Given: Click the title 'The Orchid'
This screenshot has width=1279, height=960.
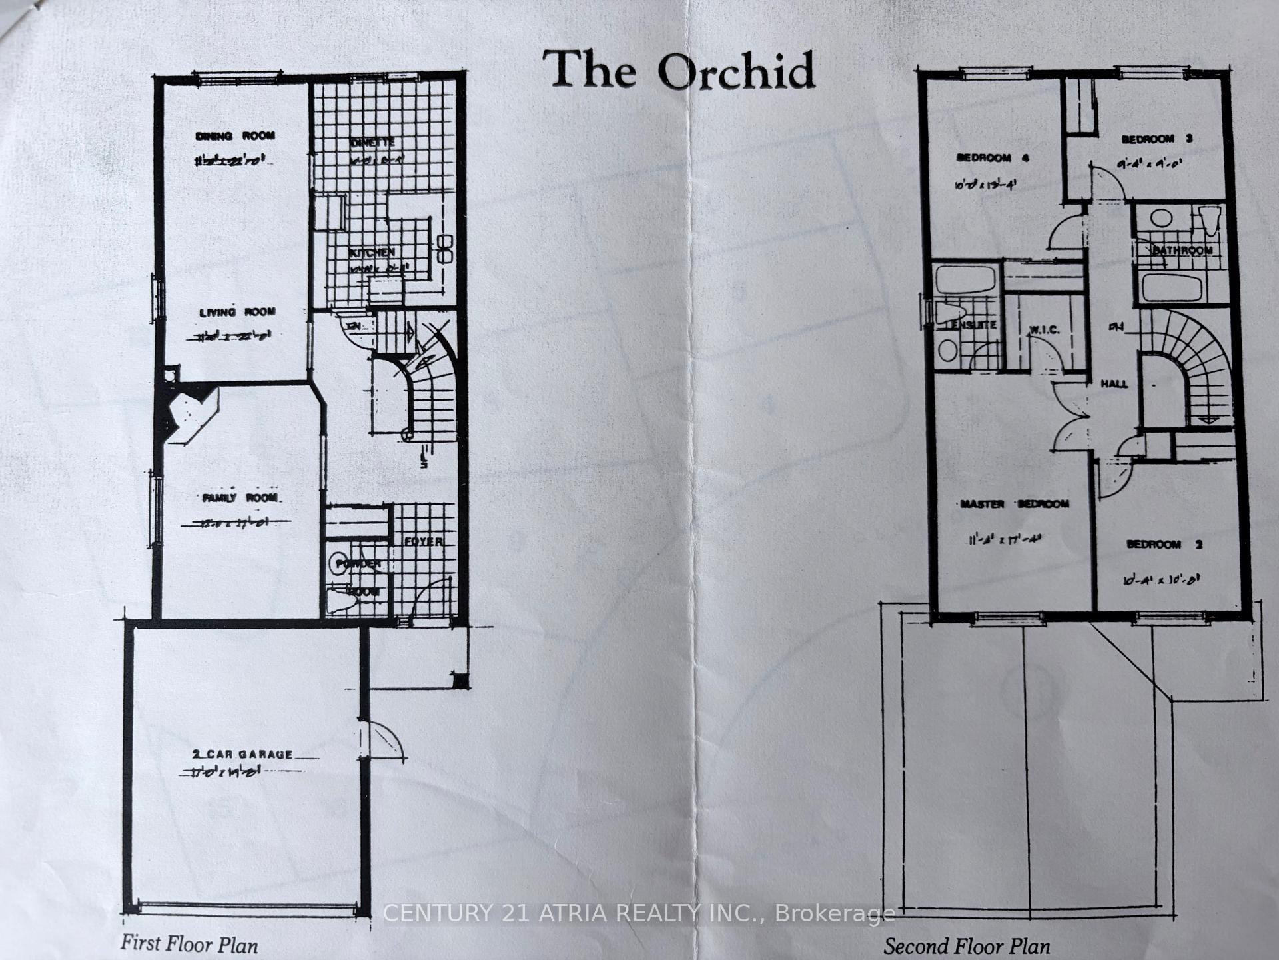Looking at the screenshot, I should point(679,71).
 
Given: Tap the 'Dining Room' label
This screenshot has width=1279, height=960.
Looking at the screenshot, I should point(234,136).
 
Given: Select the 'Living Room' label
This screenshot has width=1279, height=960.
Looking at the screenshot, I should point(237,312).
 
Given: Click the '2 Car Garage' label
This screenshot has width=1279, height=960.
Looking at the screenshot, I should point(242,755).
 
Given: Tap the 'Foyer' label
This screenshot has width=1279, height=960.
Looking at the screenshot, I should point(424,541).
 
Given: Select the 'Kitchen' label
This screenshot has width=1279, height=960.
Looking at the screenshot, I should point(372,253).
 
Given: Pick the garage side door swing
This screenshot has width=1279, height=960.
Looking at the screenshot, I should point(383,740).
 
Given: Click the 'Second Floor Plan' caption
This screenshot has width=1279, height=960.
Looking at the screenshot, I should point(967,946).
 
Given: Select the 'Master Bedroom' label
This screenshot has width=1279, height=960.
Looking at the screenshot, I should point(1014,504).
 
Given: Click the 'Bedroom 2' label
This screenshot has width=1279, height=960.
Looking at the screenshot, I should point(1164,545).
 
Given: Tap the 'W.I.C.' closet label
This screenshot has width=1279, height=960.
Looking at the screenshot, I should point(1044,330).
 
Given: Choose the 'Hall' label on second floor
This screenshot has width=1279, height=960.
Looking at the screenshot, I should point(1114,384).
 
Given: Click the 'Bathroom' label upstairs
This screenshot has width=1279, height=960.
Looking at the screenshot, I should point(1182,251).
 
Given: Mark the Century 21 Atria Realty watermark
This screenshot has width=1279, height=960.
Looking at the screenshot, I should point(639,913).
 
